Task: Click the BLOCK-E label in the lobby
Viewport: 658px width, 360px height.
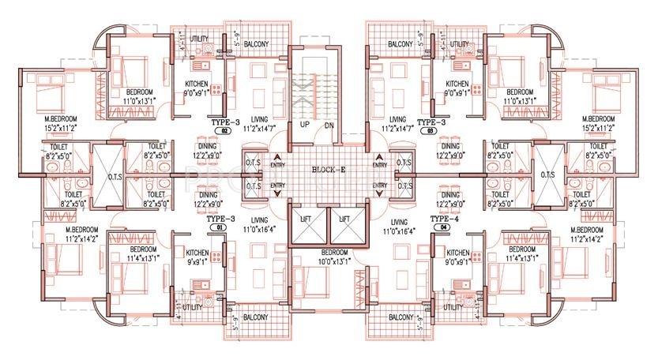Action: click(x=328, y=168)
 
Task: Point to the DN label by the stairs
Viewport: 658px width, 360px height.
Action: click(x=330, y=125)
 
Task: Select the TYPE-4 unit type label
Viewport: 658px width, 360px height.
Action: click(x=446, y=217)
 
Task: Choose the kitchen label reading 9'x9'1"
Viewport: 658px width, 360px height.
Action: click(x=197, y=257)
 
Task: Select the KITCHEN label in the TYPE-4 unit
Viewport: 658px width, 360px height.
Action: click(x=458, y=252)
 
